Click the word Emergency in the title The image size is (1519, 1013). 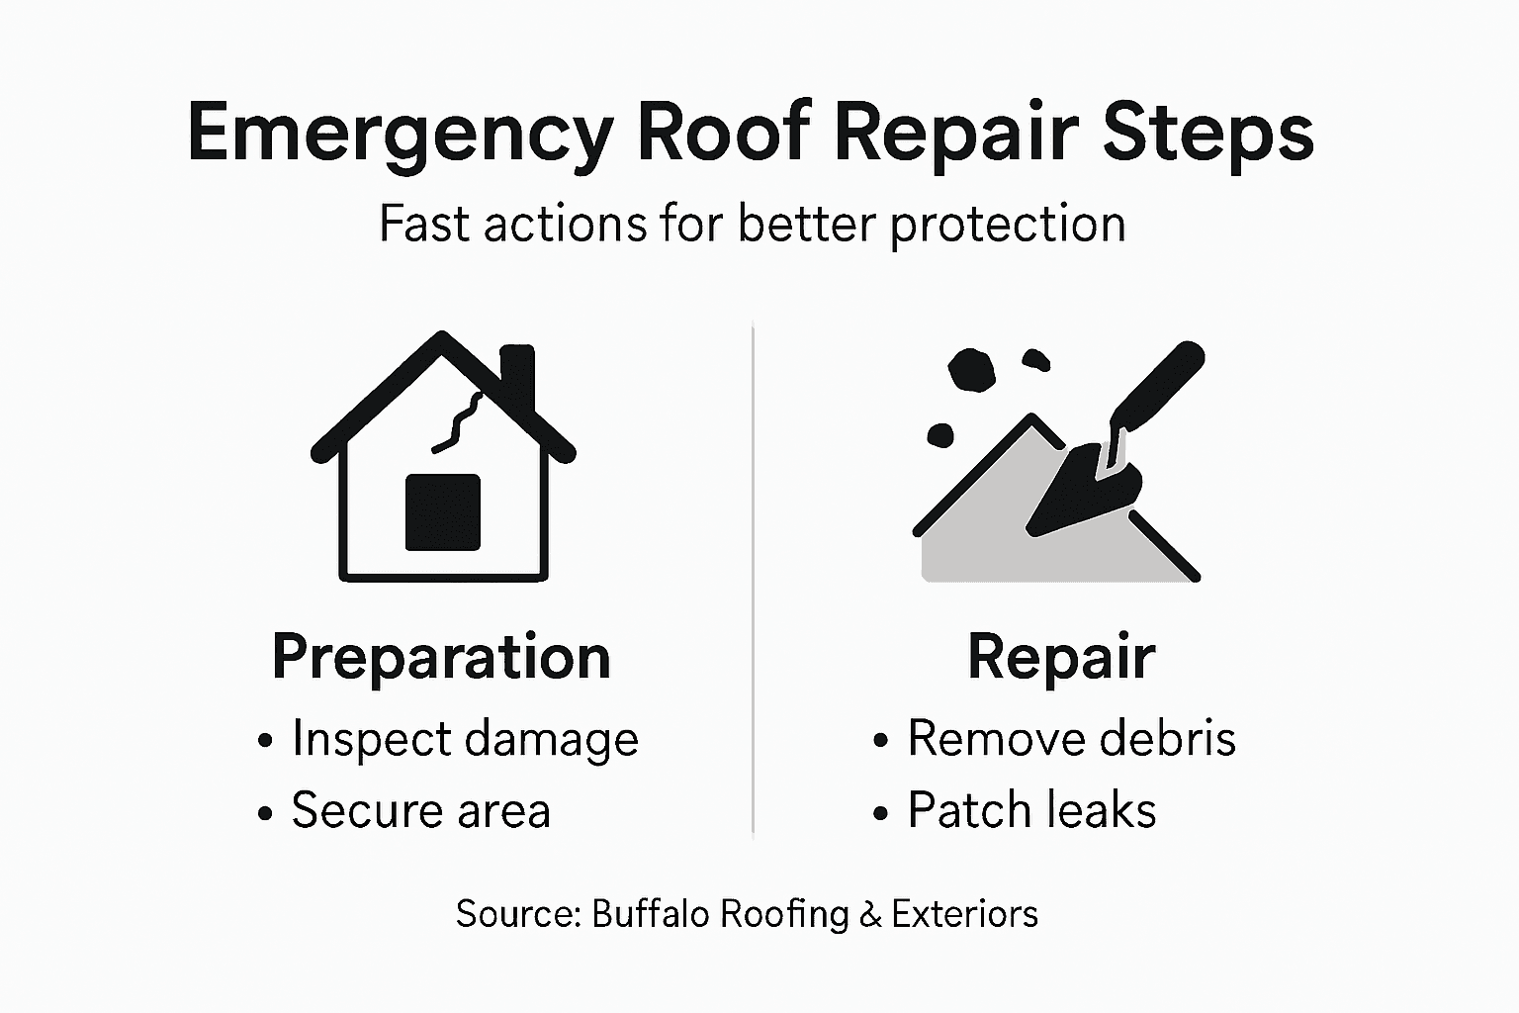pyautogui.click(x=400, y=133)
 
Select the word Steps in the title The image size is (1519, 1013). pyautogui.click(x=1207, y=133)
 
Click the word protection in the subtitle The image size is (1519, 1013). pyautogui.click(x=1008, y=225)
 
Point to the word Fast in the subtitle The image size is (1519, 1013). pyautogui.click(x=423, y=224)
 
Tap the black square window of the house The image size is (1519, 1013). pyautogui.click(x=443, y=511)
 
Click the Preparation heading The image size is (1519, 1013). pyautogui.click(x=441, y=657)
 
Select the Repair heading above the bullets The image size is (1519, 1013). pyautogui.click(x=1061, y=657)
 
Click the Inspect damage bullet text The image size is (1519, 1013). pyautogui.click(x=465, y=740)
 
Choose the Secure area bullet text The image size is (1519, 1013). pyautogui.click(x=420, y=811)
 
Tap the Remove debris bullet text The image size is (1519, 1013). pyautogui.click(x=1071, y=739)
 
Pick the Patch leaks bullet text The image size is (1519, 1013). pyautogui.click(x=1031, y=811)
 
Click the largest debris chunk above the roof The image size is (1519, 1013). pyautogui.click(x=970, y=370)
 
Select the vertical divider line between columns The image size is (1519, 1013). pyautogui.click(x=754, y=579)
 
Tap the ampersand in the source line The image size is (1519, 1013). pyautogui.click(x=870, y=914)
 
